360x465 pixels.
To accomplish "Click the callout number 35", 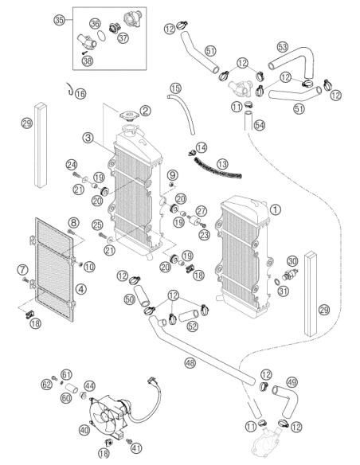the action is (59, 20).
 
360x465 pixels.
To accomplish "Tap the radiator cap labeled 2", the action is (129, 116).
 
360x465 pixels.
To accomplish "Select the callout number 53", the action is (283, 47).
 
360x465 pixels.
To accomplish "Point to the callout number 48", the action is (190, 362).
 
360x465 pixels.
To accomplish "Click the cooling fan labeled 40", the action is (111, 415).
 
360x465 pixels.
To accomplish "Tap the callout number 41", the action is (136, 448).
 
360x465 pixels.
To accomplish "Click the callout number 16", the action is (80, 94).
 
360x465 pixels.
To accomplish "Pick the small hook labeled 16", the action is (70, 89).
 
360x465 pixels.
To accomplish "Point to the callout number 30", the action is (292, 261).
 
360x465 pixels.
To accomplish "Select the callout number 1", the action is (276, 209).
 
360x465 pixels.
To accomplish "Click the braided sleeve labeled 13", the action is (217, 168).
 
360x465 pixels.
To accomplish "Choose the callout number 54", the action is (260, 125).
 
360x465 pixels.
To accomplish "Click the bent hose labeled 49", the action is (286, 401).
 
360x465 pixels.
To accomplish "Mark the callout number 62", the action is (46, 385).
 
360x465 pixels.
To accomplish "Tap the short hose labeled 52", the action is (189, 315).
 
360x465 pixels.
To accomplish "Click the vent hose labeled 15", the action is (184, 113).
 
